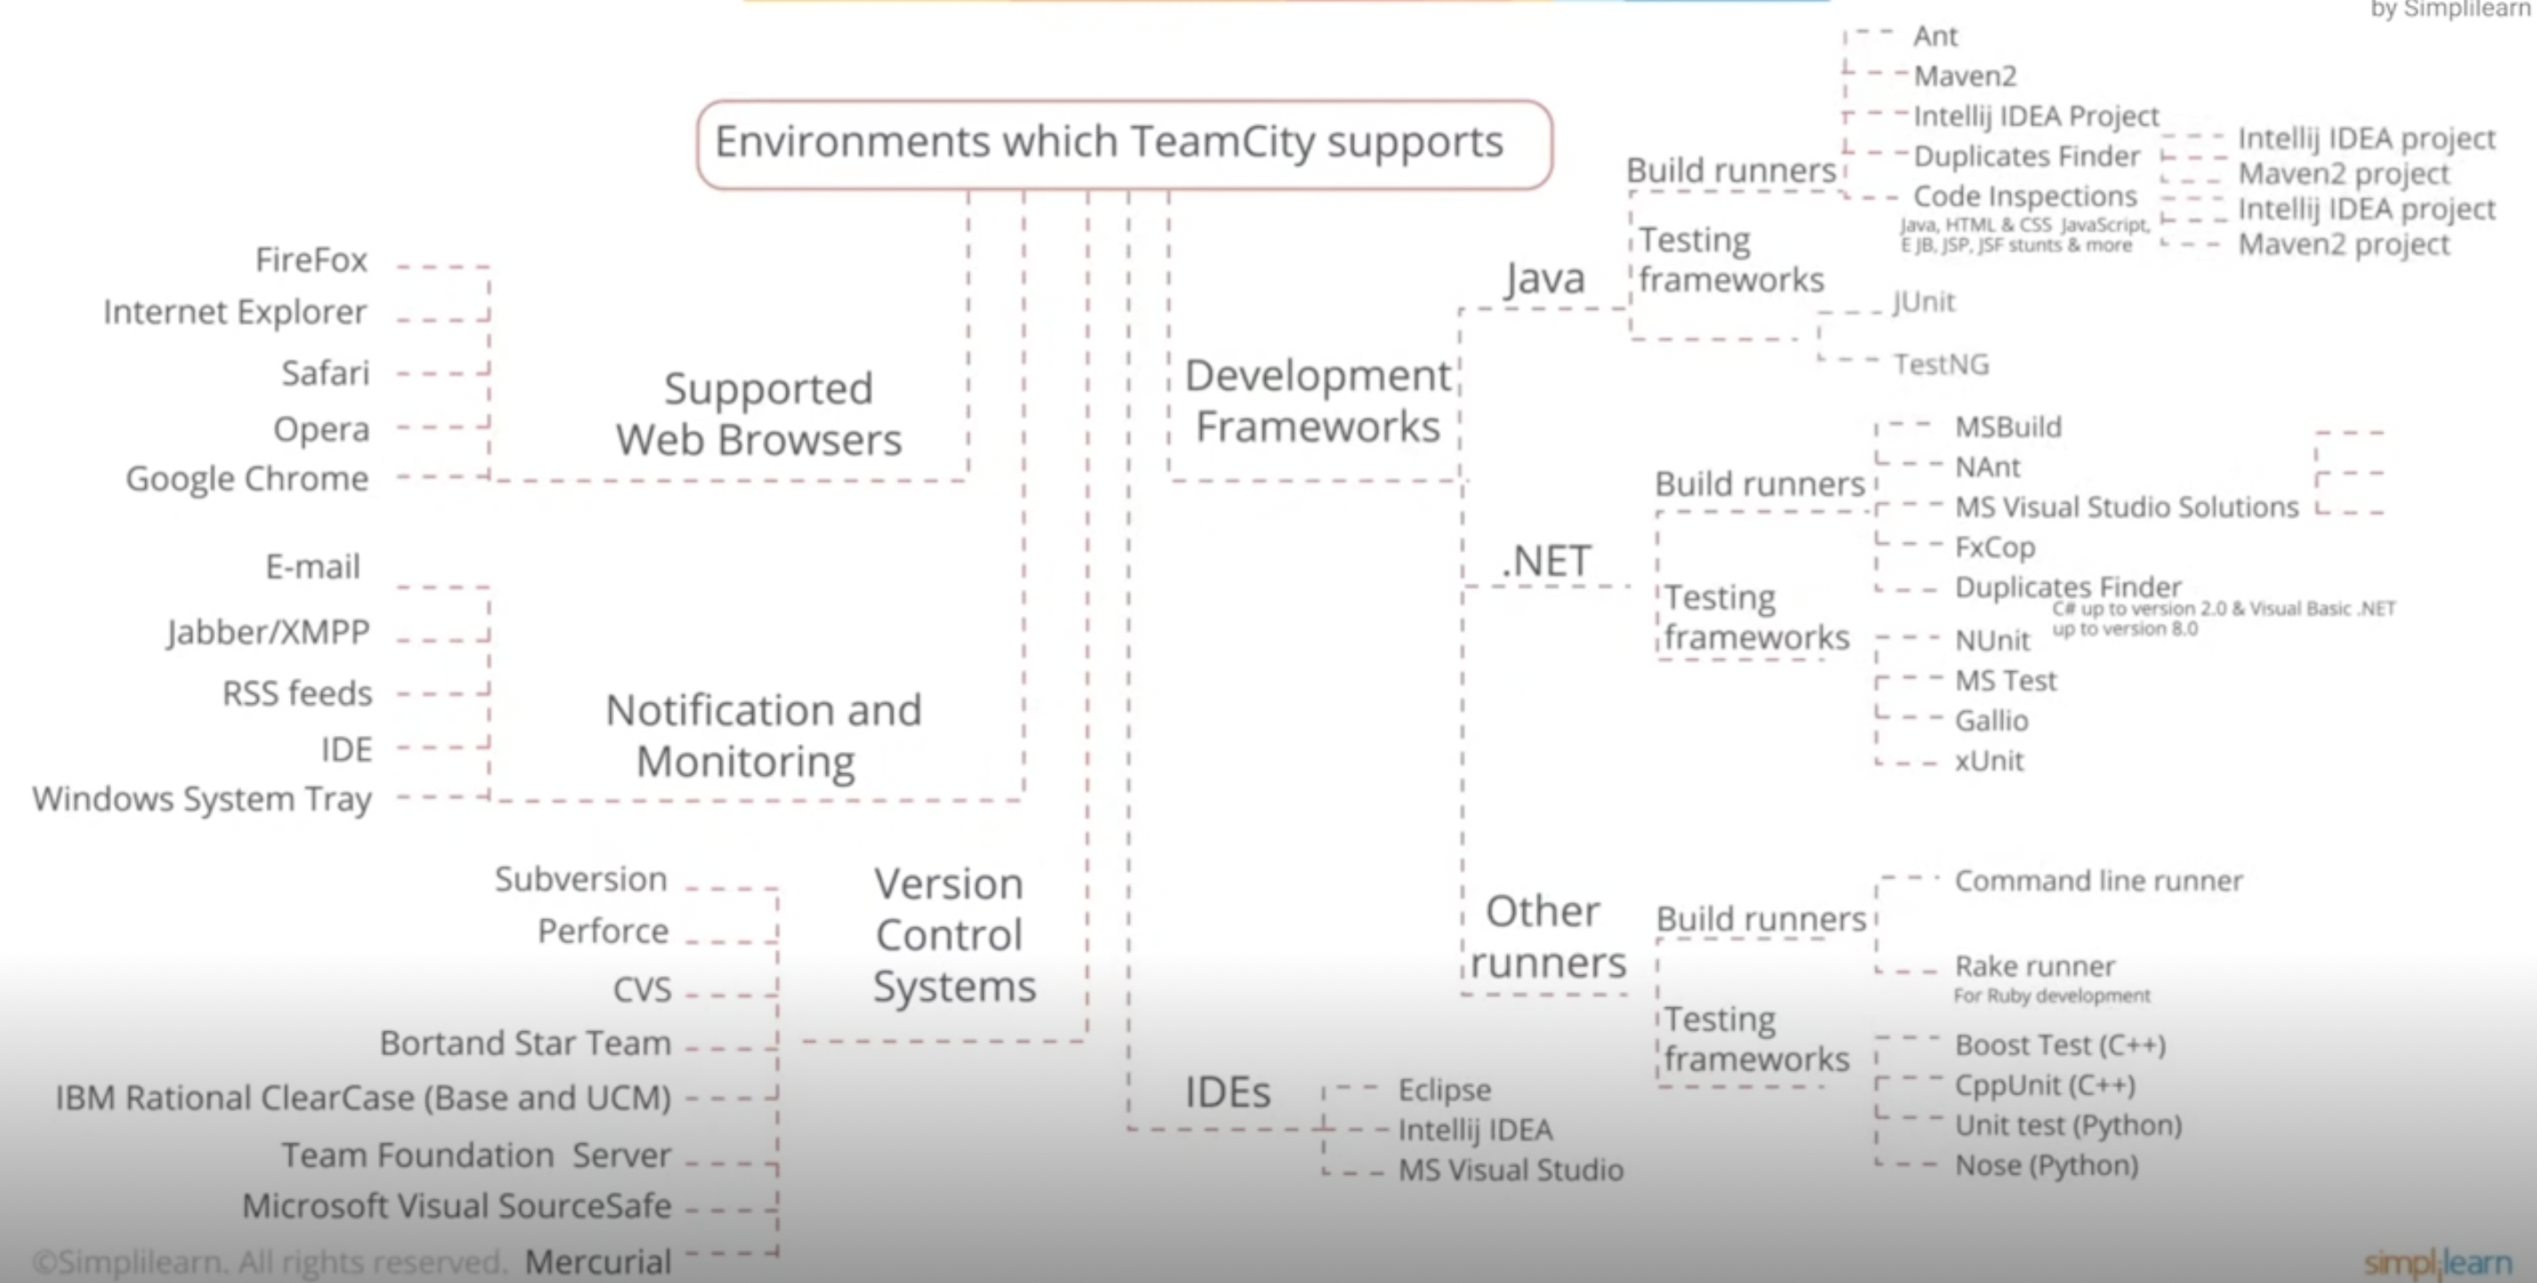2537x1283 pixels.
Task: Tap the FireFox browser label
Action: click(x=312, y=261)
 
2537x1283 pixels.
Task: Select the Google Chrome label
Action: click(x=247, y=480)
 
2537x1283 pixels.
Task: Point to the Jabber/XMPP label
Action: click(x=268, y=632)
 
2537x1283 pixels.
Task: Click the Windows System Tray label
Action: click(x=202, y=800)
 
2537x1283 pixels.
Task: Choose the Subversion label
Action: click(x=581, y=879)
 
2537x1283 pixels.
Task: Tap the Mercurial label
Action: click(x=598, y=1262)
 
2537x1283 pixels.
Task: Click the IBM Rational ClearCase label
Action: click(x=362, y=1098)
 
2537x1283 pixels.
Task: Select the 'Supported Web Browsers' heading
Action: click(x=760, y=415)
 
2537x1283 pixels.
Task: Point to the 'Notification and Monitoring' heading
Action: click(x=762, y=736)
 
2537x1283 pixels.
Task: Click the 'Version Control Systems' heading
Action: click(x=952, y=935)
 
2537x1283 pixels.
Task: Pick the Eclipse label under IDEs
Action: click(x=1444, y=1090)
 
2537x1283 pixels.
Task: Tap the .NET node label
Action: click(x=1545, y=562)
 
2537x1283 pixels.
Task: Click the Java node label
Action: click(x=1544, y=278)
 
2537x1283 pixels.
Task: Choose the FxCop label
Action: click(x=1994, y=547)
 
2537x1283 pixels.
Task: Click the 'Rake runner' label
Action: click(x=2035, y=967)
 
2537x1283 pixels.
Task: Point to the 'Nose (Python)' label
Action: click(x=2047, y=1166)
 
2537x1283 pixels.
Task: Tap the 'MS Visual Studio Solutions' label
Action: click(x=2126, y=508)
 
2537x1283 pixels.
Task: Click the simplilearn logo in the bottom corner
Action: click(x=2436, y=1263)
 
